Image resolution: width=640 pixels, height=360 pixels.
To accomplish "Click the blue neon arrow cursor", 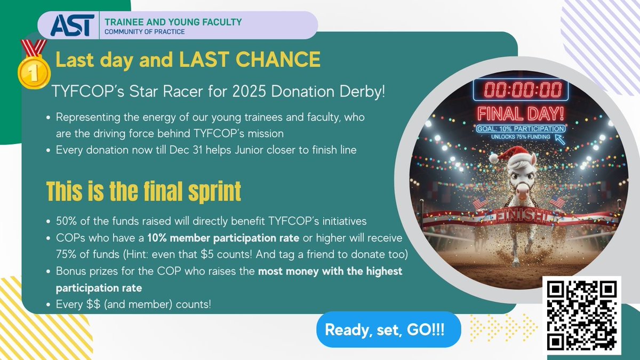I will (x=560, y=139).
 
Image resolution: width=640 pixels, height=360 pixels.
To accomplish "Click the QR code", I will (x=582, y=315).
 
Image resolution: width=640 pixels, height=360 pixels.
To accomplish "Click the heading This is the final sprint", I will (x=143, y=190).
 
